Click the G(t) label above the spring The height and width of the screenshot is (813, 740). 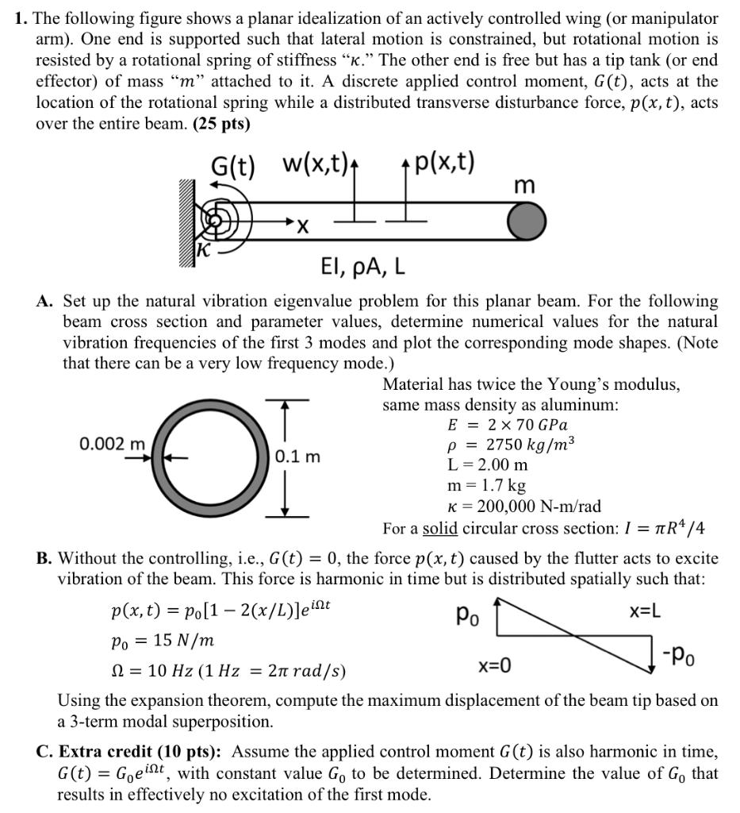232,168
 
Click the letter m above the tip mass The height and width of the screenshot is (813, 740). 524,185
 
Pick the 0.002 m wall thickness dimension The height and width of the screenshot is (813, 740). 113,444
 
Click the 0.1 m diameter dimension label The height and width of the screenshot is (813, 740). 297,457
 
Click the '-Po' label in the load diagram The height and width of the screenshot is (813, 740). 684,654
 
